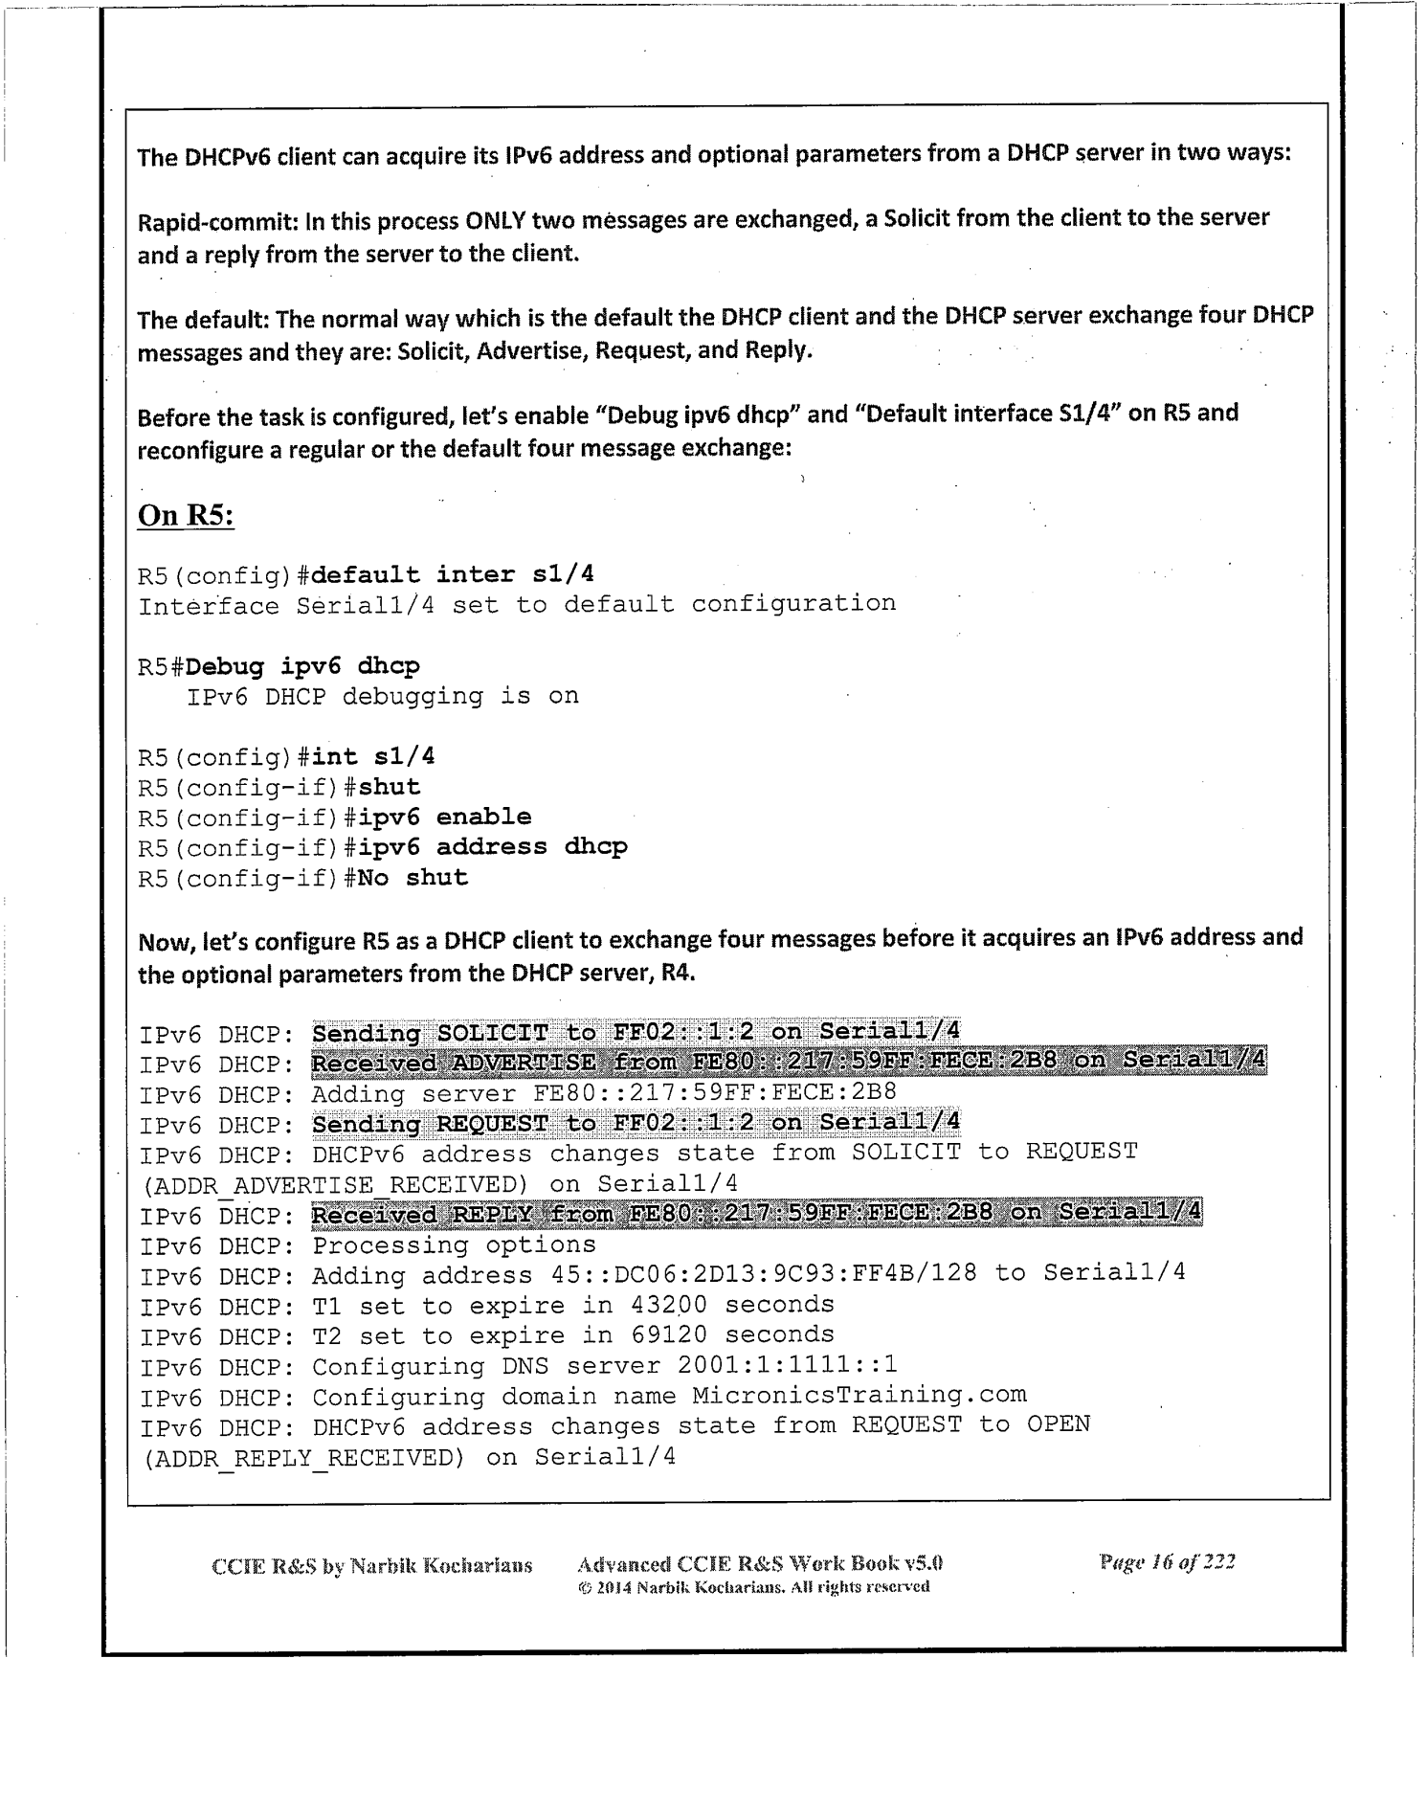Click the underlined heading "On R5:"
pos(187,515)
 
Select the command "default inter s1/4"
pos(453,574)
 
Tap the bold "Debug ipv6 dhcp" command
pos(303,665)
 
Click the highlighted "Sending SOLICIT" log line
pos(636,1032)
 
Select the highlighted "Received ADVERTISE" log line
pos(789,1062)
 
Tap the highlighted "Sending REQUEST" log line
pos(636,1122)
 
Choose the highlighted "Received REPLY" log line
pos(756,1214)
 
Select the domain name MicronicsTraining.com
pos(859,1395)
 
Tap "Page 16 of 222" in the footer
pos(1167,1563)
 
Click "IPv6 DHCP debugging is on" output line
pos(383,696)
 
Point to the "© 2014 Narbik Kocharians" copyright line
pos(752,1587)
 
